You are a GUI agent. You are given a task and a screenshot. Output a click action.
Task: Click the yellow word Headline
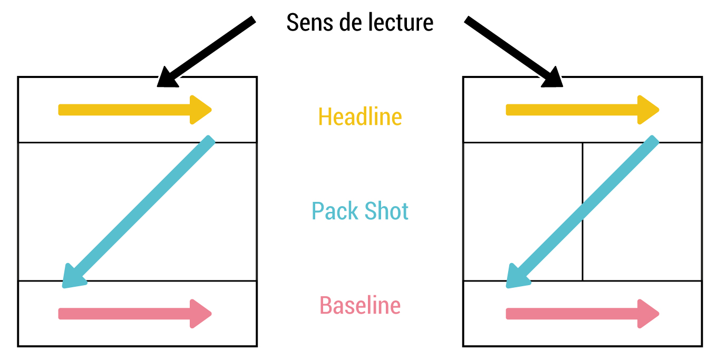point(360,116)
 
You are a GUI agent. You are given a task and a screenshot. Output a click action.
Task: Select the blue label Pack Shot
point(360,211)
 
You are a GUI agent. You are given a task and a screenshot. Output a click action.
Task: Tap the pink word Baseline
point(360,306)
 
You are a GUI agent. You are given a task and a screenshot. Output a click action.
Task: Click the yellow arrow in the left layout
point(132,110)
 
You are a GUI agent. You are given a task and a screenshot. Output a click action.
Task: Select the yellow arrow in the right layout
point(580,110)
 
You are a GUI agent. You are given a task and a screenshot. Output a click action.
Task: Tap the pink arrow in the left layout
point(132,314)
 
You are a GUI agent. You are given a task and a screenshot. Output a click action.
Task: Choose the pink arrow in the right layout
point(580,314)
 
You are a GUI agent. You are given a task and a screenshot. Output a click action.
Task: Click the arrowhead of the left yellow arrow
point(200,110)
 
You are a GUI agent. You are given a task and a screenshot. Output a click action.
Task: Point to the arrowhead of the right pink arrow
point(648,314)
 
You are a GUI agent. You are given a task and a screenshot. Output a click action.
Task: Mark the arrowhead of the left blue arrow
point(72,277)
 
